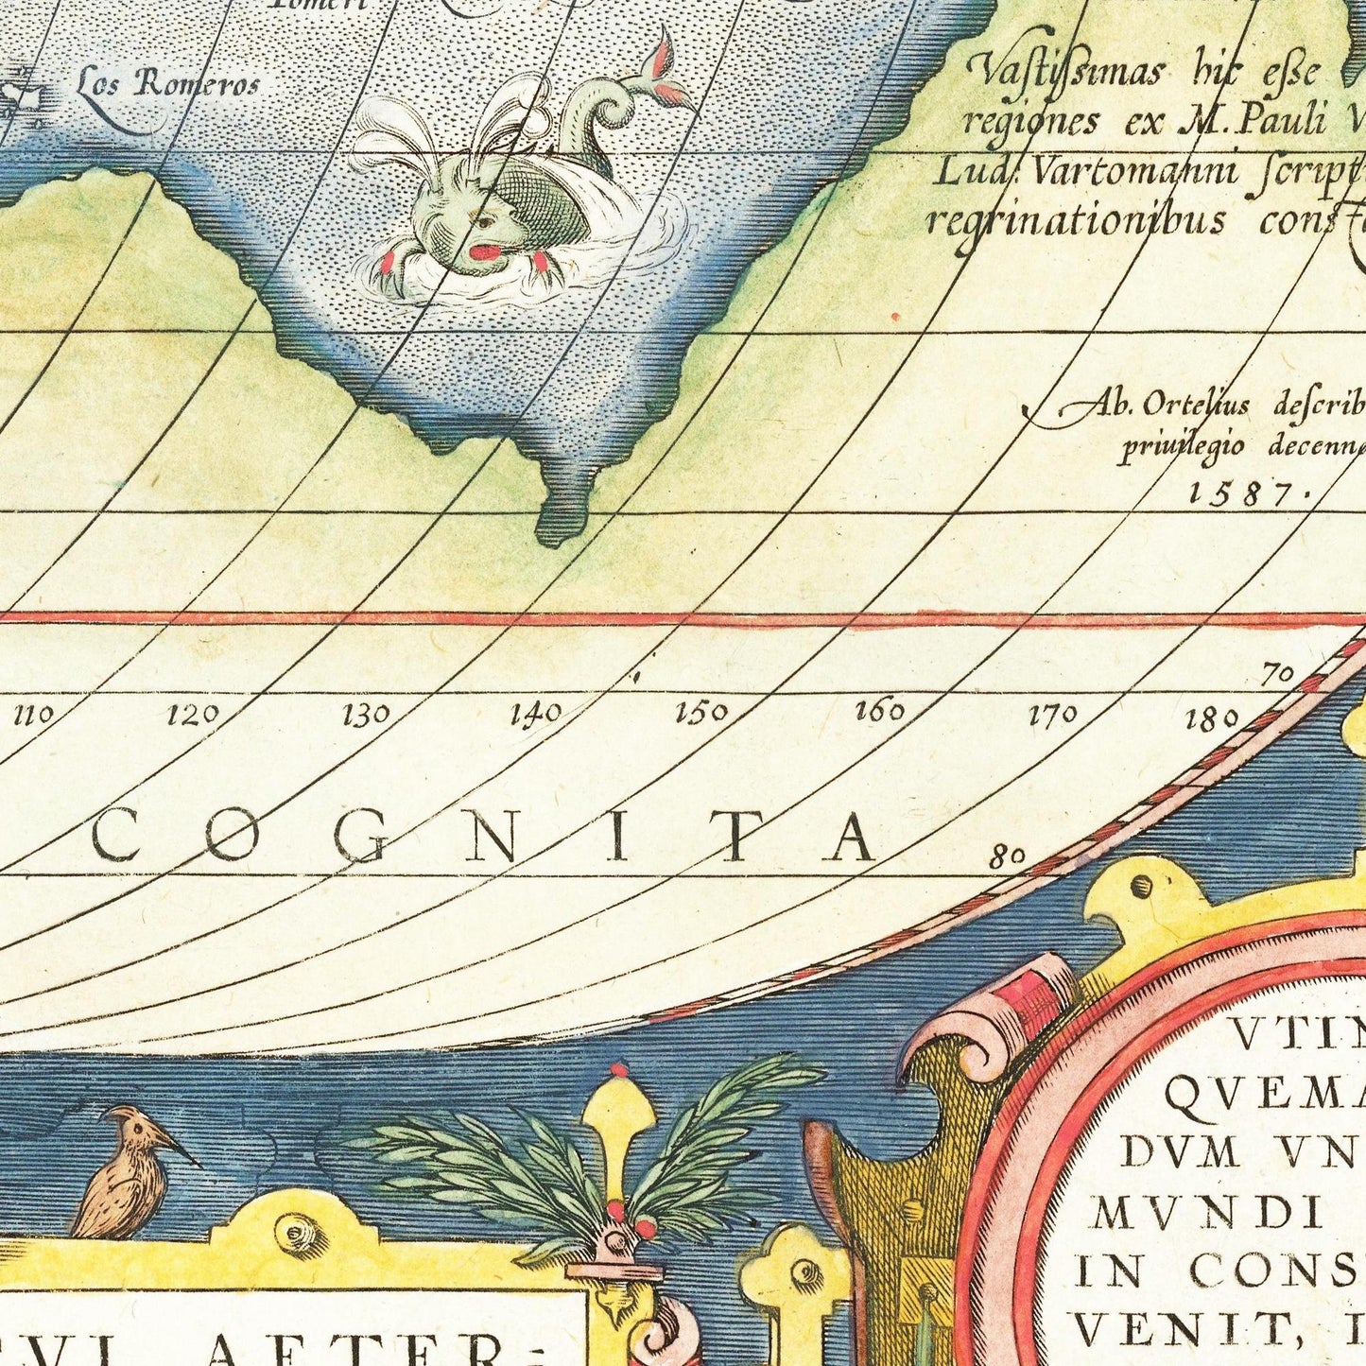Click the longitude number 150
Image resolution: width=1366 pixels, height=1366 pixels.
point(701,712)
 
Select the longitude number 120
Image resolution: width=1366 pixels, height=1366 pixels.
point(193,715)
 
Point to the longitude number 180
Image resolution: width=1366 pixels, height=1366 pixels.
point(1211,720)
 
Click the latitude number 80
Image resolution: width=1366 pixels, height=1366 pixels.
point(1008,856)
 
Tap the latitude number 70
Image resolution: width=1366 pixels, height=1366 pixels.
point(1277,675)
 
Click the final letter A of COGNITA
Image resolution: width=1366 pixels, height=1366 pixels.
point(850,839)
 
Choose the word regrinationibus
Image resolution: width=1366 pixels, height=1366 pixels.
point(1076,221)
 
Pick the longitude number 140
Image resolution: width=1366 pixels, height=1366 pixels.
point(536,713)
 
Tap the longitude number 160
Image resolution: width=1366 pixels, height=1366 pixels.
point(879,711)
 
